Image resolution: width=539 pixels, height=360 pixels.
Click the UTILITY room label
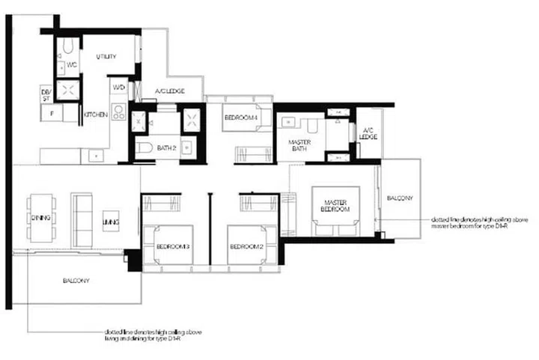[x=106, y=57]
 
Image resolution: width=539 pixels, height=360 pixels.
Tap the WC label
[x=72, y=65]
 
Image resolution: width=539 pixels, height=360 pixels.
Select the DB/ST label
[x=46, y=94]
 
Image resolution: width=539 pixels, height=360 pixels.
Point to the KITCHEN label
[x=95, y=115]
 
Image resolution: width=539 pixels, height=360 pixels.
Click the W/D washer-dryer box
[x=118, y=88]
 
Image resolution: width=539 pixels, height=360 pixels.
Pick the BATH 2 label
[x=165, y=148]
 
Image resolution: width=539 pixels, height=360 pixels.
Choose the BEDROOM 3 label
[x=173, y=246]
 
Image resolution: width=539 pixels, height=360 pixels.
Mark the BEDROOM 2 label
[x=245, y=246]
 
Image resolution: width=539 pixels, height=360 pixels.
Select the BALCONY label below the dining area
[x=76, y=281]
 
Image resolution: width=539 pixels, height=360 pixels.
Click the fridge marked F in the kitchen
[x=51, y=114]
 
